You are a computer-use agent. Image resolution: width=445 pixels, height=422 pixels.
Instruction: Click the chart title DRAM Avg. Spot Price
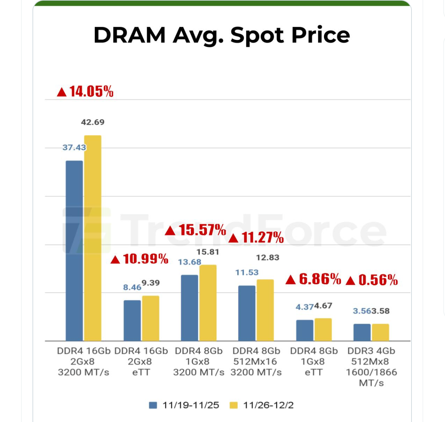(x=221, y=35)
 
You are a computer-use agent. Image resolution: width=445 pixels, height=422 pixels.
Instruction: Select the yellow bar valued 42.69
(x=92, y=238)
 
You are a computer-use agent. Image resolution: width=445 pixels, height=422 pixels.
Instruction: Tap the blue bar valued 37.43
(x=74, y=251)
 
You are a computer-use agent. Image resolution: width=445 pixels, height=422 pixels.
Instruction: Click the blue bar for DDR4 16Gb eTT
(x=132, y=320)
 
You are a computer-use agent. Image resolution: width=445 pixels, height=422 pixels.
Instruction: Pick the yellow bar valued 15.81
(x=208, y=303)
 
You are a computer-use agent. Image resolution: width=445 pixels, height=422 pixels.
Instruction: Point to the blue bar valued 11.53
(x=247, y=313)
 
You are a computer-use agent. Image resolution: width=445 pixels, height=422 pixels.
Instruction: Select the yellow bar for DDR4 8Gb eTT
(x=323, y=329)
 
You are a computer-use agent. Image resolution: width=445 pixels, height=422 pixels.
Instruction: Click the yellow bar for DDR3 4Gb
(x=380, y=332)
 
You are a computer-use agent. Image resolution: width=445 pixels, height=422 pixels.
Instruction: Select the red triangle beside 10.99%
(x=115, y=260)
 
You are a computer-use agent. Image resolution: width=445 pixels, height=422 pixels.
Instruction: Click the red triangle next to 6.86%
(x=291, y=280)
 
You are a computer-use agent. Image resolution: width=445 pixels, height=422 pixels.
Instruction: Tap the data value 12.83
(x=267, y=258)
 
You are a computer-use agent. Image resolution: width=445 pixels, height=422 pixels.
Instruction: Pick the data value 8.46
(x=132, y=287)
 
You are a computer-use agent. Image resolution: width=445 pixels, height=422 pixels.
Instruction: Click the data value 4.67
(x=323, y=306)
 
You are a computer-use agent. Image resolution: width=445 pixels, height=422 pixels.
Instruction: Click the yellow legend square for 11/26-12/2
(x=234, y=405)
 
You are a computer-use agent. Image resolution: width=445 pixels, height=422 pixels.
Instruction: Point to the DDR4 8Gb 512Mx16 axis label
(x=256, y=362)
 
